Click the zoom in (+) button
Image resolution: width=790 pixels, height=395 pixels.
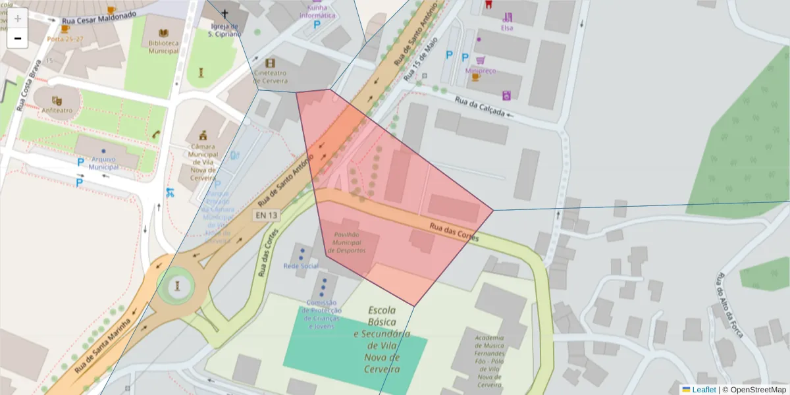pyautogui.click(x=18, y=18)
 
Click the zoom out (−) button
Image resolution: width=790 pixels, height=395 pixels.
pyautogui.click(x=18, y=38)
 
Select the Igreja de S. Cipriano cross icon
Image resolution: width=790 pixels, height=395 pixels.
pyautogui.click(x=224, y=14)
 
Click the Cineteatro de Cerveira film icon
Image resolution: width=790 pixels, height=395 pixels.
pyautogui.click(x=270, y=63)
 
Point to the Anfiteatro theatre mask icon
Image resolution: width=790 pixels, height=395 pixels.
pyautogui.click(x=57, y=100)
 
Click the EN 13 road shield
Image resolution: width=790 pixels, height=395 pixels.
pyautogui.click(x=266, y=215)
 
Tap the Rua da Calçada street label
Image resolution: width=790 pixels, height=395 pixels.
pyautogui.click(x=480, y=107)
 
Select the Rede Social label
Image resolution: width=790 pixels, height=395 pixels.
pyautogui.click(x=301, y=266)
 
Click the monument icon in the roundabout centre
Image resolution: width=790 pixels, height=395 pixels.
pyautogui.click(x=177, y=286)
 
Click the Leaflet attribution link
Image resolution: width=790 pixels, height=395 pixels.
pyautogui.click(x=703, y=389)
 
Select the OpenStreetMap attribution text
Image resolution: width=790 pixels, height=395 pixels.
pyautogui.click(x=753, y=389)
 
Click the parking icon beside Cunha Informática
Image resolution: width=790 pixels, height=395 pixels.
pyautogui.click(x=317, y=24)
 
